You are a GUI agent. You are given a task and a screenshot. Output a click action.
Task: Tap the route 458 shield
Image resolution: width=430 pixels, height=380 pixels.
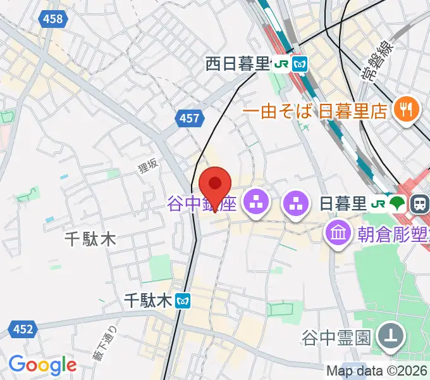pyautogui.click(x=54, y=18)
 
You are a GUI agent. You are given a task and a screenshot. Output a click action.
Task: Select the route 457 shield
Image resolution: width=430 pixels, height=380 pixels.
pyautogui.click(x=189, y=118)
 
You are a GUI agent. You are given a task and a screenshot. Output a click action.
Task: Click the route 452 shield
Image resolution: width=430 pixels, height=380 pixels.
pyautogui.click(x=21, y=328)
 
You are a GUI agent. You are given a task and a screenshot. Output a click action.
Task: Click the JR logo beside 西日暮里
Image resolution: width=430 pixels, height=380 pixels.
pyautogui.click(x=280, y=63)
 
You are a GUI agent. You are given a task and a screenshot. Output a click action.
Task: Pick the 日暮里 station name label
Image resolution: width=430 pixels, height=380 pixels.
pyautogui.click(x=343, y=204)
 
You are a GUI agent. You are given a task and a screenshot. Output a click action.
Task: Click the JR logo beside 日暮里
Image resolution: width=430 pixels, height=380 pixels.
pyautogui.click(x=379, y=204)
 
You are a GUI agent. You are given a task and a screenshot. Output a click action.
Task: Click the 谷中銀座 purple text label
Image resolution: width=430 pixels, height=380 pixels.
pyautogui.click(x=202, y=204)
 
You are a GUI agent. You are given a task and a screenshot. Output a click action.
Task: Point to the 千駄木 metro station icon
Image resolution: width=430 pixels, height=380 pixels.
pyautogui.click(x=183, y=301)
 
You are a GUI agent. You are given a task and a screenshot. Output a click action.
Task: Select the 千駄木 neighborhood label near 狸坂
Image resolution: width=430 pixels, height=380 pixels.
pyautogui.click(x=91, y=239)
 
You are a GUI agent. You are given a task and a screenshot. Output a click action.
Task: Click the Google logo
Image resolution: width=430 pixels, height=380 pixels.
pyautogui.click(x=42, y=365)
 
